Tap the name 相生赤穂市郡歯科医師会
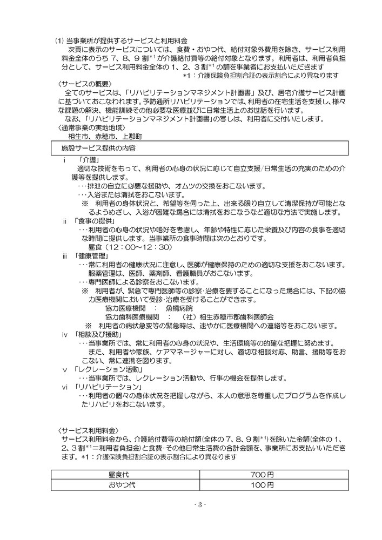pyautogui.click(x=238, y=316)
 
